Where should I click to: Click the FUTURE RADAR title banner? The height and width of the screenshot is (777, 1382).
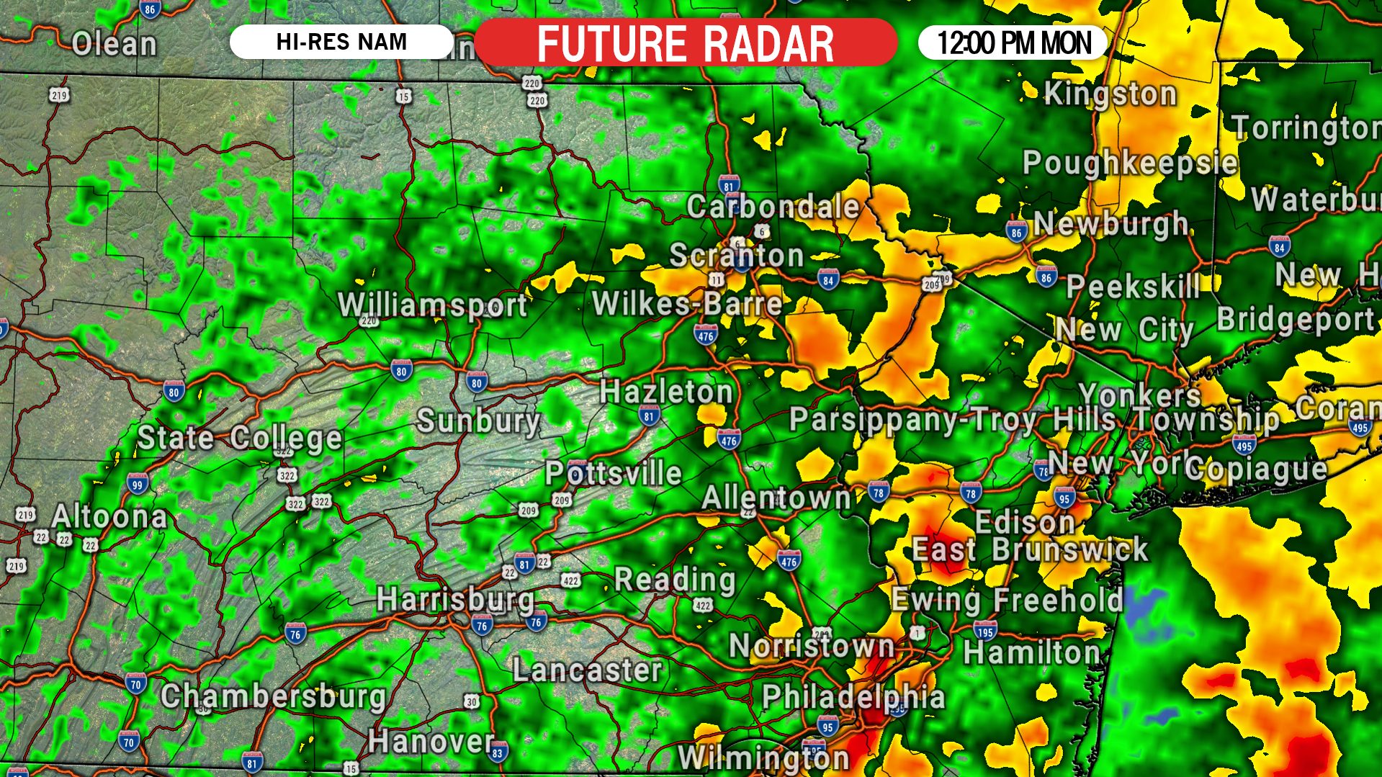point(686,43)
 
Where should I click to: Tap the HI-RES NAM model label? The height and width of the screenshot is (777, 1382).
point(341,42)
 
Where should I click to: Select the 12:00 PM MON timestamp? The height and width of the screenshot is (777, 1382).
point(1013,42)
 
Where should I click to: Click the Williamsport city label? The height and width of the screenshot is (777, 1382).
point(433,305)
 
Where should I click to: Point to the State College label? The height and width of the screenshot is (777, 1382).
point(239,437)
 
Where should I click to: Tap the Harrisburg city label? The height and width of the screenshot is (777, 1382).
point(455,599)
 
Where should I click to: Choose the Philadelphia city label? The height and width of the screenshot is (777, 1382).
point(853,696)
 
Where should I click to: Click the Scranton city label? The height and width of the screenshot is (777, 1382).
point(736,255)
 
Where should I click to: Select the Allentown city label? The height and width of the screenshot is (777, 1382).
point(776,498)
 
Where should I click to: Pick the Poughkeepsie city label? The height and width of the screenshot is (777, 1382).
point(1130,163)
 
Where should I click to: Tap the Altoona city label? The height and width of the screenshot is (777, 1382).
point(109,516)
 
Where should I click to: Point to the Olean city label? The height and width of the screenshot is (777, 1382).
point(114,44)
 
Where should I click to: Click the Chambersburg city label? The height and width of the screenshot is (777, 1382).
point(273,696)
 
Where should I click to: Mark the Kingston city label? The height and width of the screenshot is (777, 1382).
point(1110,94)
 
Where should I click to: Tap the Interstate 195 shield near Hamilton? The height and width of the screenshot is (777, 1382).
point(985,632)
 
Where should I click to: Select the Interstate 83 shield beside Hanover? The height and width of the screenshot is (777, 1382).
point(498,753)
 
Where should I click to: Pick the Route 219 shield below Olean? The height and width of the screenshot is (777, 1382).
point(59,94)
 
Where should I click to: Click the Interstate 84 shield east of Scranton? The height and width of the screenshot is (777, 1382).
point(828,279)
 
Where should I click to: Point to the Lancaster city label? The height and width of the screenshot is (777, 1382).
point(587,670)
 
